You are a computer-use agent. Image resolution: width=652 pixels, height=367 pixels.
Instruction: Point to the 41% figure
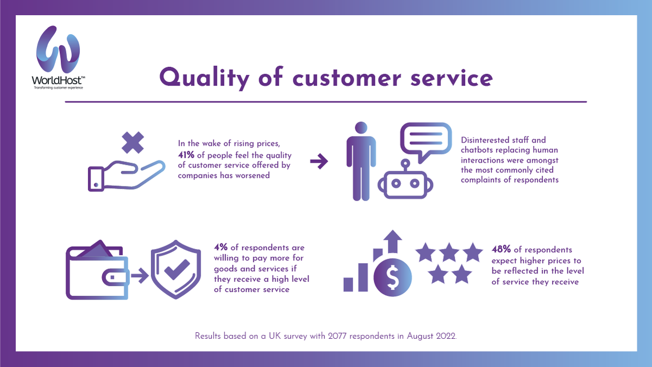(187, 155)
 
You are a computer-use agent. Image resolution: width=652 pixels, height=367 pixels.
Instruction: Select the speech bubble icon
(426, 141)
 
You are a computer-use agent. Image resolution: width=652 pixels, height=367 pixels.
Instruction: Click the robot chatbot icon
(405, 180)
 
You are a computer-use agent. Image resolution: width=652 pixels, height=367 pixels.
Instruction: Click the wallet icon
(97, 272)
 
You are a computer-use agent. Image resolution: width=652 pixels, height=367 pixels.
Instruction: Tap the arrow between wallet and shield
(139, 276)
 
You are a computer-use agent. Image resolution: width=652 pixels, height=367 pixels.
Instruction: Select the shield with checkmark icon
(175, 271)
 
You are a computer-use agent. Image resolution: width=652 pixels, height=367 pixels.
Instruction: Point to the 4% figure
(221, 248)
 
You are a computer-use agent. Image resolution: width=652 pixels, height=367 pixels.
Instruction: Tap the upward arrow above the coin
(392, 240)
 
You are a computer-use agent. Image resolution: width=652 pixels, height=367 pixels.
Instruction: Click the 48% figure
(501, 250)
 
